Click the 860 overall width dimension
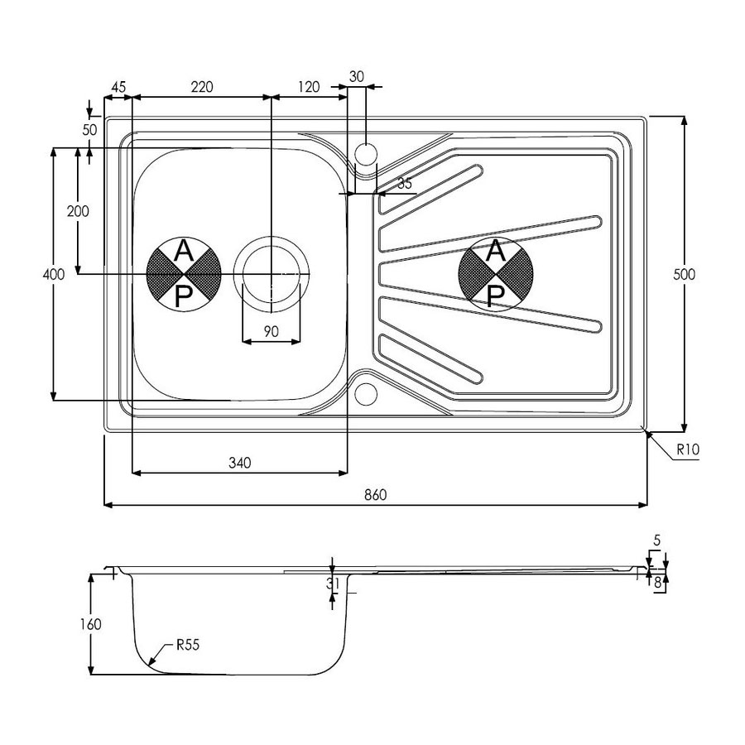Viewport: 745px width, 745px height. (x=375, y=495)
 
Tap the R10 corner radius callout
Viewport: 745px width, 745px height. (x=688, y=451)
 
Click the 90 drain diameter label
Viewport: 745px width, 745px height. (x=271, y=330)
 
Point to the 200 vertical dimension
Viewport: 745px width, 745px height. (x=77, y=211)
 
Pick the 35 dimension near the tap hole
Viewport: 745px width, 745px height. (x=403, y=184)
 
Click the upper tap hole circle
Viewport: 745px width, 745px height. (x=365, y=153)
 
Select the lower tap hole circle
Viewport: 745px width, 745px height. (x=365, y=393)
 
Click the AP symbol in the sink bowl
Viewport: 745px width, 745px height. (x=184, y=273)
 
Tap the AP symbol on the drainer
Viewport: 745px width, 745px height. (x=494, y=273)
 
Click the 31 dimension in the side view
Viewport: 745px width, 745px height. (x=334, y=584)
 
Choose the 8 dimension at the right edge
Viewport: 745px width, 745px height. (x=657, y=583)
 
